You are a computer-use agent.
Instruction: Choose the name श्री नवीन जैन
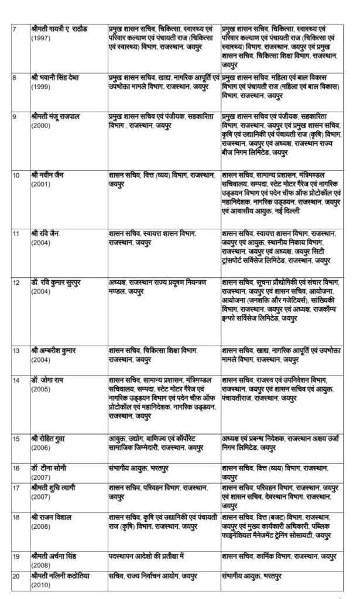(49, 174)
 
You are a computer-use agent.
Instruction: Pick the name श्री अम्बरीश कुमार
(53, 350)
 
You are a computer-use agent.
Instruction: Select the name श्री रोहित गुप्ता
(51, 438)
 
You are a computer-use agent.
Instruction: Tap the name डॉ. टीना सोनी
(49, 468)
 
